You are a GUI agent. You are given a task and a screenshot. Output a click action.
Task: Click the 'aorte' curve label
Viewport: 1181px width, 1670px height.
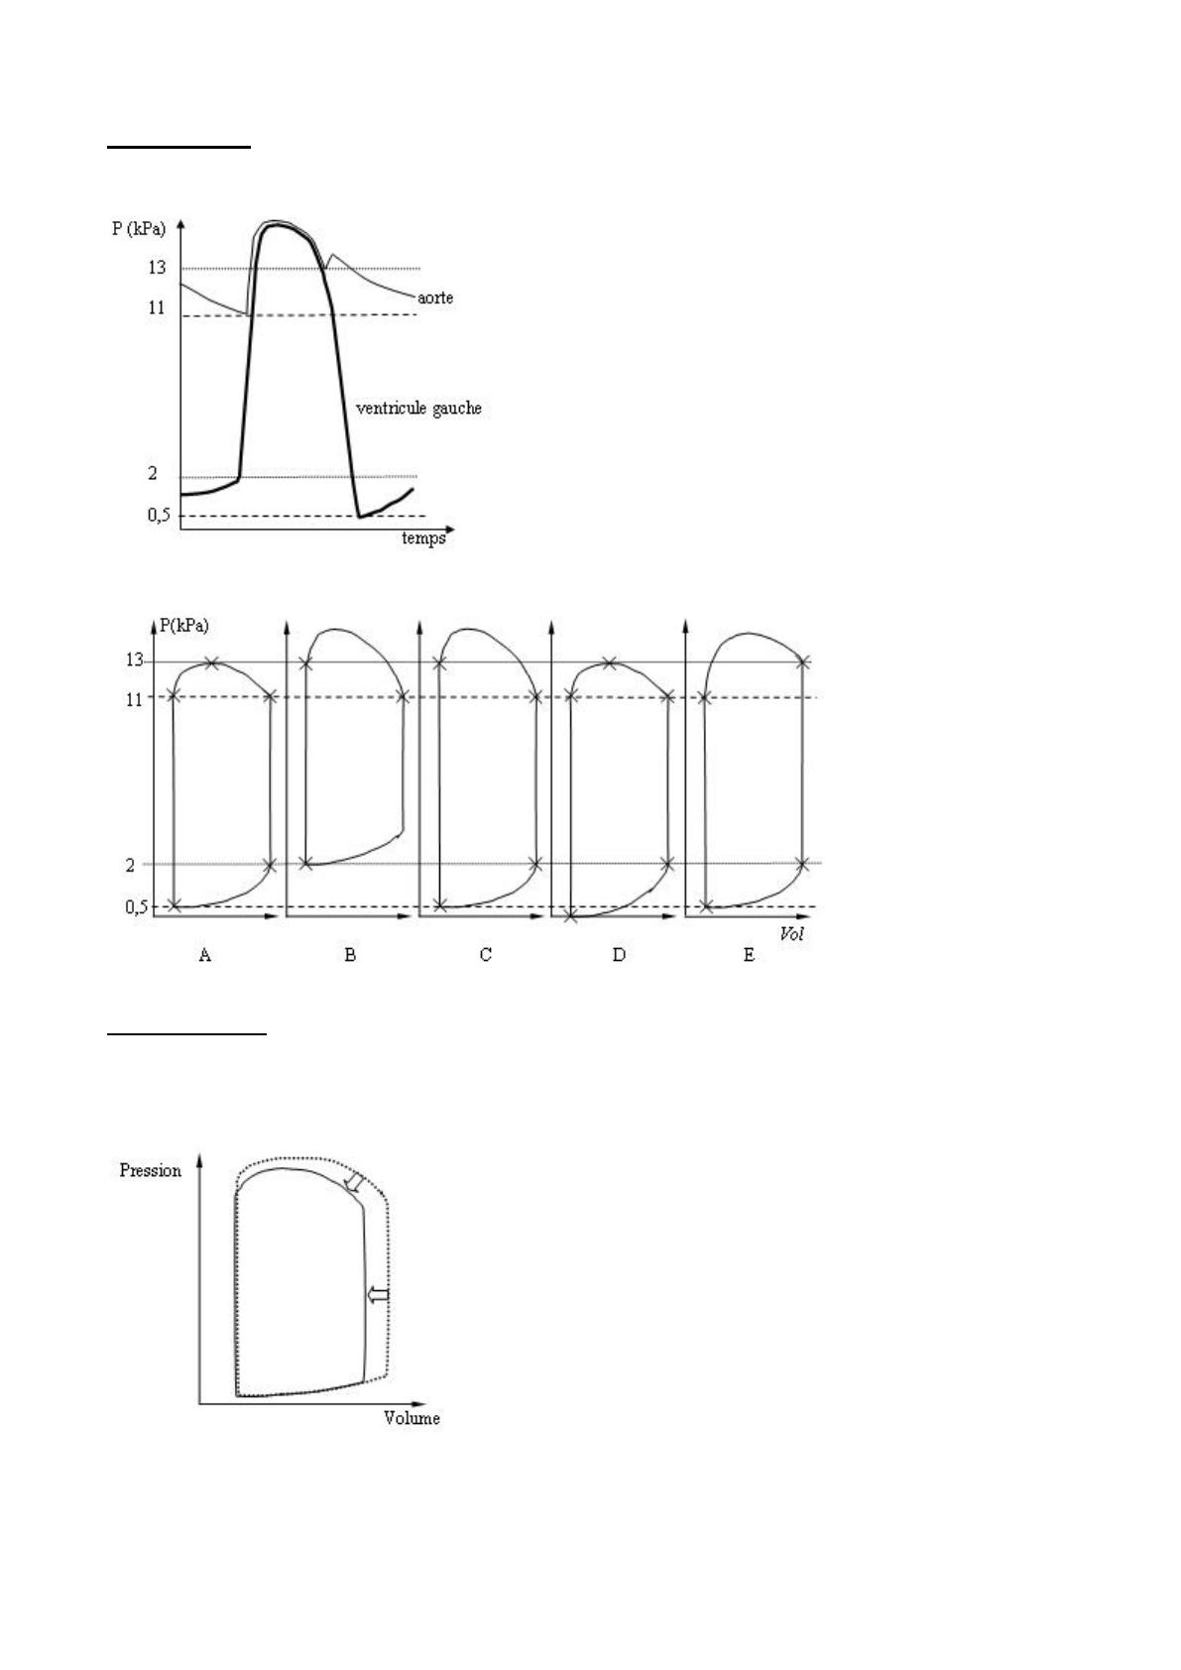pos(434,298)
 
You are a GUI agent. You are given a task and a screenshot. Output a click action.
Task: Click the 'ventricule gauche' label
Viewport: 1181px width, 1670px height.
pos(419,409)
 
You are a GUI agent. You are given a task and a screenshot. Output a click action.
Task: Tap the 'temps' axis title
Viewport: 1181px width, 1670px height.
pos(423,538)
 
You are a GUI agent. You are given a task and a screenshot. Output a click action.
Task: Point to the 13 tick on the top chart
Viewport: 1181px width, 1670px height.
pos(157,267)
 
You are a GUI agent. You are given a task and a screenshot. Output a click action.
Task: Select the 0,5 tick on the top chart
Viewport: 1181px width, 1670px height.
pos(158,515)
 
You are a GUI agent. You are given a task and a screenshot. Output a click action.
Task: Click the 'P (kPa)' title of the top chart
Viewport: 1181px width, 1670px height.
pos(139,228)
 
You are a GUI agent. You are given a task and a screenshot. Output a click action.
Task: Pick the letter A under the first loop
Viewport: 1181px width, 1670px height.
pos(205,954)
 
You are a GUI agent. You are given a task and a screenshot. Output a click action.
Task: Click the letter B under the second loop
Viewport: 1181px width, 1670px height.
pos(350,954)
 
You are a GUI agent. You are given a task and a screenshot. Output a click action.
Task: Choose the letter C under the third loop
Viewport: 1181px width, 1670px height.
pos(485,954)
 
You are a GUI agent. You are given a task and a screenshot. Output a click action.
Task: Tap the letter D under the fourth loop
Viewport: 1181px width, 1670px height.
pos(619,954)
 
